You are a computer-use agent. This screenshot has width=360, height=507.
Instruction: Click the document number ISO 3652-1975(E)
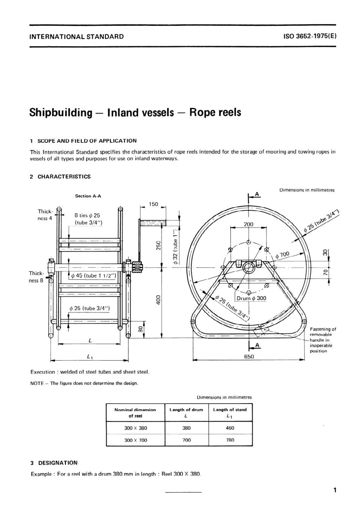[310, 36]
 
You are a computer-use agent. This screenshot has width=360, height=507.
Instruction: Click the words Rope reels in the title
[215, 113]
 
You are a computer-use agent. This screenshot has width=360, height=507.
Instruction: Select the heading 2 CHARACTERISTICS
[60, 177]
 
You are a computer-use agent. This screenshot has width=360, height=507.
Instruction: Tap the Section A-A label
[88, 196]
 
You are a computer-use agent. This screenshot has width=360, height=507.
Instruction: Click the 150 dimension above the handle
[153, 204]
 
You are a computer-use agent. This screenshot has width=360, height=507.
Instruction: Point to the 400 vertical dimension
[158, 299]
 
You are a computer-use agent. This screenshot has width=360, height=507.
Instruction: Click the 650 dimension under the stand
[249, 356]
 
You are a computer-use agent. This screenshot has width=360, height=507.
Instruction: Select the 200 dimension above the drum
[248, 224]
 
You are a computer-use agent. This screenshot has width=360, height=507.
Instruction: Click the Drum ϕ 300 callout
[251, 298]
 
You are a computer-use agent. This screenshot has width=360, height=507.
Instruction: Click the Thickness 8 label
[36, 277]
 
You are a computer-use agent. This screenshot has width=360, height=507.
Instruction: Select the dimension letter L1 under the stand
[90, 356]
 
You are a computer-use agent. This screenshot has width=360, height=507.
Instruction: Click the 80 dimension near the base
[140, 329]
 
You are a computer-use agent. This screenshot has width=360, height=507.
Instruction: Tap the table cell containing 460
[230, 428]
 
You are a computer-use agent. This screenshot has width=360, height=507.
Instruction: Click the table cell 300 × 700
[135, 440]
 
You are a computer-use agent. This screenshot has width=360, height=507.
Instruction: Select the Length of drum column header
[186, 412]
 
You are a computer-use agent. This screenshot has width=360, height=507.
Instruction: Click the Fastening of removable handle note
[322, 340]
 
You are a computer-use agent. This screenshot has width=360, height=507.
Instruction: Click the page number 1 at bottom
[335, 490]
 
